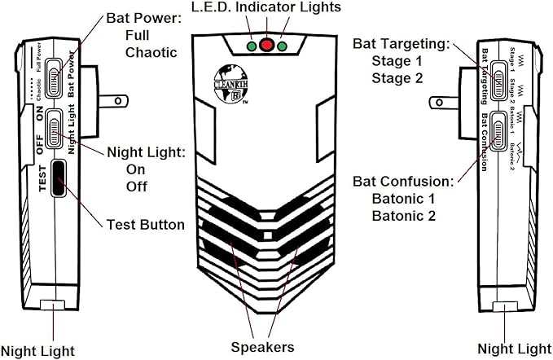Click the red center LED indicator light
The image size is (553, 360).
pyautogui.click(x=266, y=45)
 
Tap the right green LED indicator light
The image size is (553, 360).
pyautogui.click(x=282, y=46)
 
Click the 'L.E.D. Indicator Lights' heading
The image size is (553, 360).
pyautogui.click(x=266, y=8)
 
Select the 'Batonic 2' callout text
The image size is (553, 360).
pyautogui.click(x=404, y=216)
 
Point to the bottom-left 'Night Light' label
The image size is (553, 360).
pyautogui.click(x=37, y=350)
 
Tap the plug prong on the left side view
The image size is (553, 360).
pyautogui.click(x=112, y=100)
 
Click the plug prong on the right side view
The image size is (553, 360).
pyautogui.click(x=441, y=101)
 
